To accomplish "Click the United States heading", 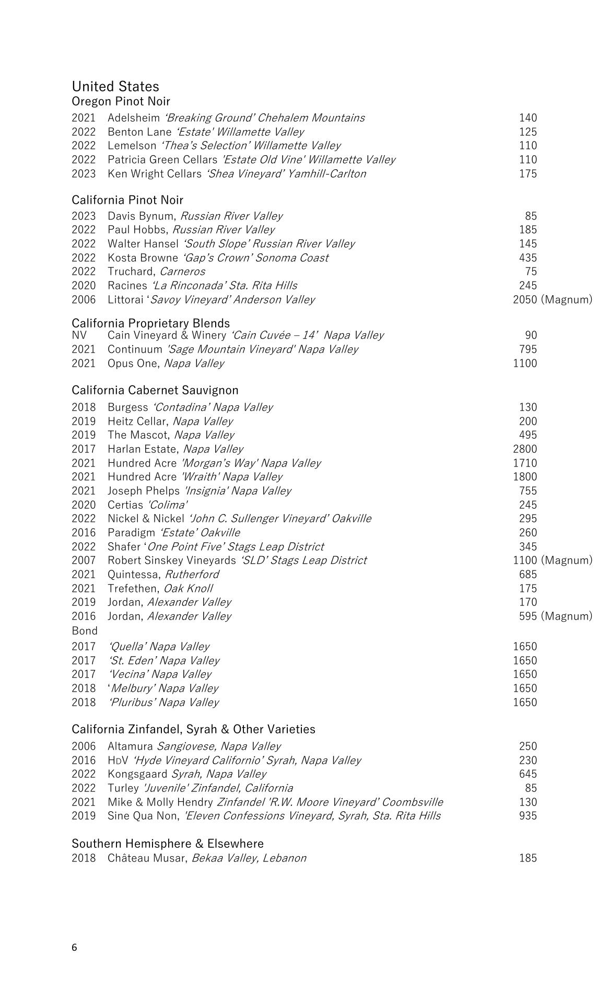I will tap(115, 86).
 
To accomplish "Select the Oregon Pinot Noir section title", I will tap(121, 101).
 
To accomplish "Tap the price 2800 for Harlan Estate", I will tap(524, 449).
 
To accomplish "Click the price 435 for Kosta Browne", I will tap(528, 258).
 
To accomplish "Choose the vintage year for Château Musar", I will tap(84, 858).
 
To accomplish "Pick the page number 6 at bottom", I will tap(74, 948).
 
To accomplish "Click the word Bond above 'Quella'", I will tap(85, 631).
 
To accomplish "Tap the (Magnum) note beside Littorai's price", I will tap(566, 299).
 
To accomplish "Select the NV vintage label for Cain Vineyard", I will tap(79, 335).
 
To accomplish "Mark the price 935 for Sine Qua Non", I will tap(528, 815).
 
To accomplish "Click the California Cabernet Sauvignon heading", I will tap(155, 390).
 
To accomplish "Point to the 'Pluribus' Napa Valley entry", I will tap(163, 702).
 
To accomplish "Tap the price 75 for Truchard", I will tap(531, 271).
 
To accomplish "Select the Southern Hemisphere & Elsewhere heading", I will tap(167, 843).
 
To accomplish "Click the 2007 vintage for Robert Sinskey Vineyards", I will tap(84, 560).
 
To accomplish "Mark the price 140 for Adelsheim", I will tap(528, 118).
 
